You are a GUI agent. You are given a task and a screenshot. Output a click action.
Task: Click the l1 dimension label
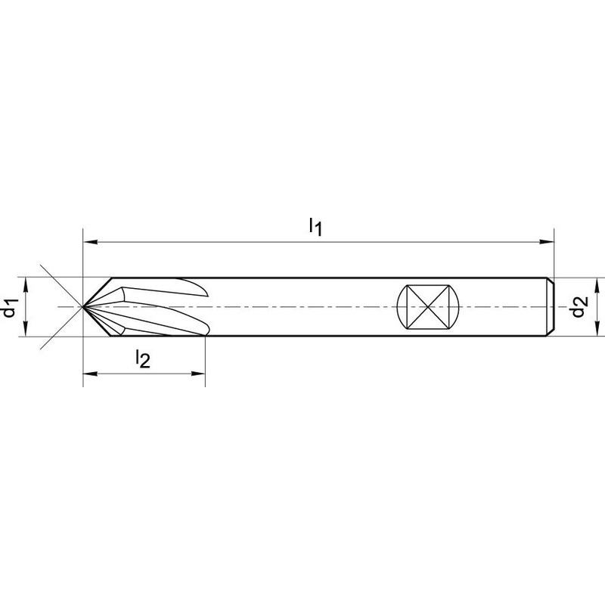tap(315, 227)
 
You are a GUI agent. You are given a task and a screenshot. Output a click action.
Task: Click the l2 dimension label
tap(142, 358)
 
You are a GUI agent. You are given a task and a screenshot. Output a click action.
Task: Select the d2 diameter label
tap(579, 306)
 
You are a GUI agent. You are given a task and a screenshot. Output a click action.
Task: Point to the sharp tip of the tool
tap(83, 306)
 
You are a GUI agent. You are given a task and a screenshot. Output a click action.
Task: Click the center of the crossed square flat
tap(428, 307)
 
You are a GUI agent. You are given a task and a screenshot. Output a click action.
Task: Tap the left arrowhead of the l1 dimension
tap(90, 242)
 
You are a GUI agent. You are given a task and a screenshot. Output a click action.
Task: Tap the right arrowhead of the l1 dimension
tap(547, 242)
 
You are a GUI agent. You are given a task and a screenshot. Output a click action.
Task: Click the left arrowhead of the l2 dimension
tap(90, 374)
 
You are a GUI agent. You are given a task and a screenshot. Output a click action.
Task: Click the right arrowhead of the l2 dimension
tap(198, 374)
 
